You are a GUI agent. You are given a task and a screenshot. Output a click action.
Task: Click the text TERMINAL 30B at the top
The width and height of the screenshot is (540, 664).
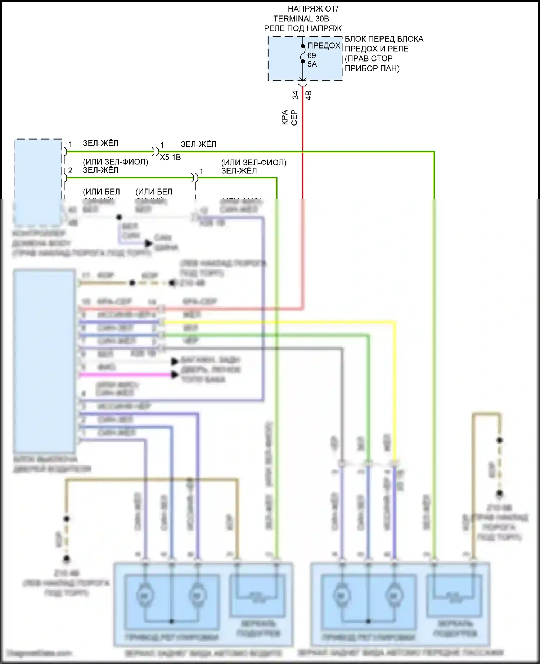click(301, 19)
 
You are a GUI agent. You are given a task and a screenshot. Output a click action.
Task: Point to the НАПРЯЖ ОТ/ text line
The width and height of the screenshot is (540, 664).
click(312, 9)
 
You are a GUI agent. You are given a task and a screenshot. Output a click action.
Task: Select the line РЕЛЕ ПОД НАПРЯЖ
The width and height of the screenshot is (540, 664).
click(303, 28)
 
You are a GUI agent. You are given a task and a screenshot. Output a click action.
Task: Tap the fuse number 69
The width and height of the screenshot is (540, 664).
click(312, 55)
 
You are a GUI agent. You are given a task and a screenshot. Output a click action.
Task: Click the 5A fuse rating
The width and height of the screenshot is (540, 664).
click(312, 64)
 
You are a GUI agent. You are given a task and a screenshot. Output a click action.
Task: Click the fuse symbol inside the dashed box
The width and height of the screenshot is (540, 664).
click(303, 54)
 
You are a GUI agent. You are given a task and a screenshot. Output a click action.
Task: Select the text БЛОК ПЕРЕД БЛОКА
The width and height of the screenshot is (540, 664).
click(384, 39)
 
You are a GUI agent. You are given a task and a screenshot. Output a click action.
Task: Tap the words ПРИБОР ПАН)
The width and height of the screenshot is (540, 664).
click(372, 68)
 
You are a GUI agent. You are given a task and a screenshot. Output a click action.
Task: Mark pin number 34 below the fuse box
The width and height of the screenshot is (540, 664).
click(295, 95)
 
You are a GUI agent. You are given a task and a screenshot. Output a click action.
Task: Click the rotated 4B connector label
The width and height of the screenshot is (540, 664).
click(309, 95)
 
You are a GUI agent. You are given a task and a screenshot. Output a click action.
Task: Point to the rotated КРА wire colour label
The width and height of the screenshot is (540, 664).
click(285, 118)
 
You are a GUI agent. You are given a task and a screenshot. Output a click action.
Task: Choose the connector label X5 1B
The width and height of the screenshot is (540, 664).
click(170, 158)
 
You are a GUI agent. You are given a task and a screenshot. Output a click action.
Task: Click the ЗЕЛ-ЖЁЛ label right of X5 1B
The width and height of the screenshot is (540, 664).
click(198, 144)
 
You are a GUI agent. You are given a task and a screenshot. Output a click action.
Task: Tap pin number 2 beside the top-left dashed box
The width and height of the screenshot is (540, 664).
click(70, 170)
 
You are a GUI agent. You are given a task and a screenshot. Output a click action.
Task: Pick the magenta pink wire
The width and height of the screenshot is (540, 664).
click(126, 375)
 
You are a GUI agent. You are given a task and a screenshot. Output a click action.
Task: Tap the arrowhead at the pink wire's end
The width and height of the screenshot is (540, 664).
click(175, 375)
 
